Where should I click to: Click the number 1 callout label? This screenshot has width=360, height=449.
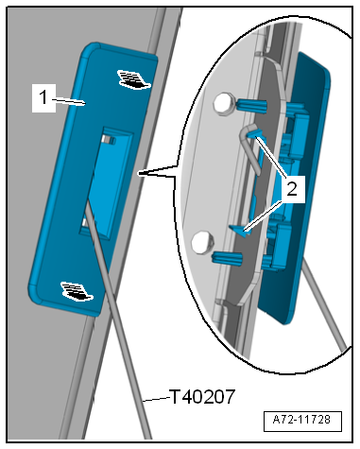tap(43, 97)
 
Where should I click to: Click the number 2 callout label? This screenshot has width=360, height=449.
tap(292, 189)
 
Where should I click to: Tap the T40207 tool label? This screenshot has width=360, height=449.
tap(202, 397)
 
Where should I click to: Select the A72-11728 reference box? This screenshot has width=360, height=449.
tap(302, 421)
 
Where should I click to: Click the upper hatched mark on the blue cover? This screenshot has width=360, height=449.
tap(134, 79)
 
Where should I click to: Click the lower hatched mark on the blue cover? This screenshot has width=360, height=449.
tap(77, 291)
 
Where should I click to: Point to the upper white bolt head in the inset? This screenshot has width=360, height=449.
tap(224, 103)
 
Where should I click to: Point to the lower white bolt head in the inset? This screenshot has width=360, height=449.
tap(202, 242)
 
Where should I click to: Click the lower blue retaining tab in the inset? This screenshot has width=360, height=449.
tap(240, 231)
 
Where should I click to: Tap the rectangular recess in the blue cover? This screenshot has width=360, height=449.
tap(107, 183)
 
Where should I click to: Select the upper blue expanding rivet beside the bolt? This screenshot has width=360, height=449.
tap(251, 106)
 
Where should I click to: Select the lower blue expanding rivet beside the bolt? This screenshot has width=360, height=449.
tap(228, 258)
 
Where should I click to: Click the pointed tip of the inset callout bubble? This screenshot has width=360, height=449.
tap(138, 173)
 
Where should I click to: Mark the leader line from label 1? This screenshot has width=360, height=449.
tap(69, 101)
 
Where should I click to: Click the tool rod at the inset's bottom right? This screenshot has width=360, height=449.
tap(323, 304)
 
